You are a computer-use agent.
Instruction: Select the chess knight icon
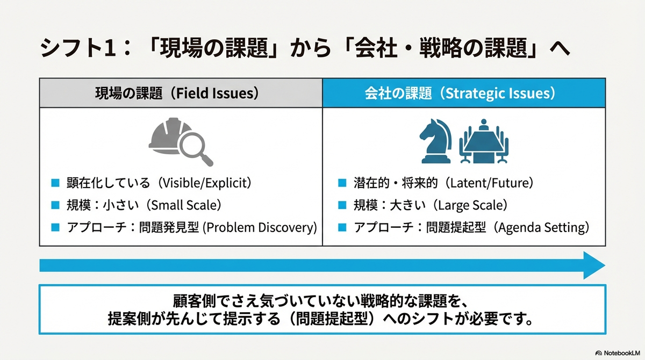tap(436, 141)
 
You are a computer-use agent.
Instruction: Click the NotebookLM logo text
tap(622, 353)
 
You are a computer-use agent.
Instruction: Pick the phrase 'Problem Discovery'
tap(259, 228)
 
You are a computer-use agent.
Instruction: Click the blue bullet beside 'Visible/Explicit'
tap(55, 183)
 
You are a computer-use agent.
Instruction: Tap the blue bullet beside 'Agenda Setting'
tap(342, 227)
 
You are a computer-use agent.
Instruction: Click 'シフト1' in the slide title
tap(78, 48)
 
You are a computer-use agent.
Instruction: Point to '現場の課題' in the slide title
tap(214, 48)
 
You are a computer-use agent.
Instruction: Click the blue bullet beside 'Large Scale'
tap(342, 205)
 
